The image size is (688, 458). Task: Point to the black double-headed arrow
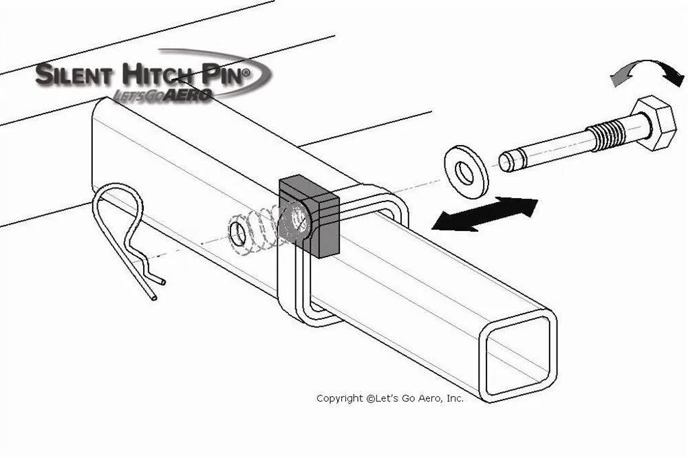tap(484, 214)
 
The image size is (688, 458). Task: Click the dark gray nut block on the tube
tap(310, 214)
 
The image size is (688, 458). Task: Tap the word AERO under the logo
tap(189, 96)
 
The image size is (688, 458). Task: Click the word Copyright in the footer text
tap(338, 398)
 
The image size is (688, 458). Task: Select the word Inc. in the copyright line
tap(454, 398)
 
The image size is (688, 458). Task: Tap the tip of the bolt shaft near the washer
tap(506, 161)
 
